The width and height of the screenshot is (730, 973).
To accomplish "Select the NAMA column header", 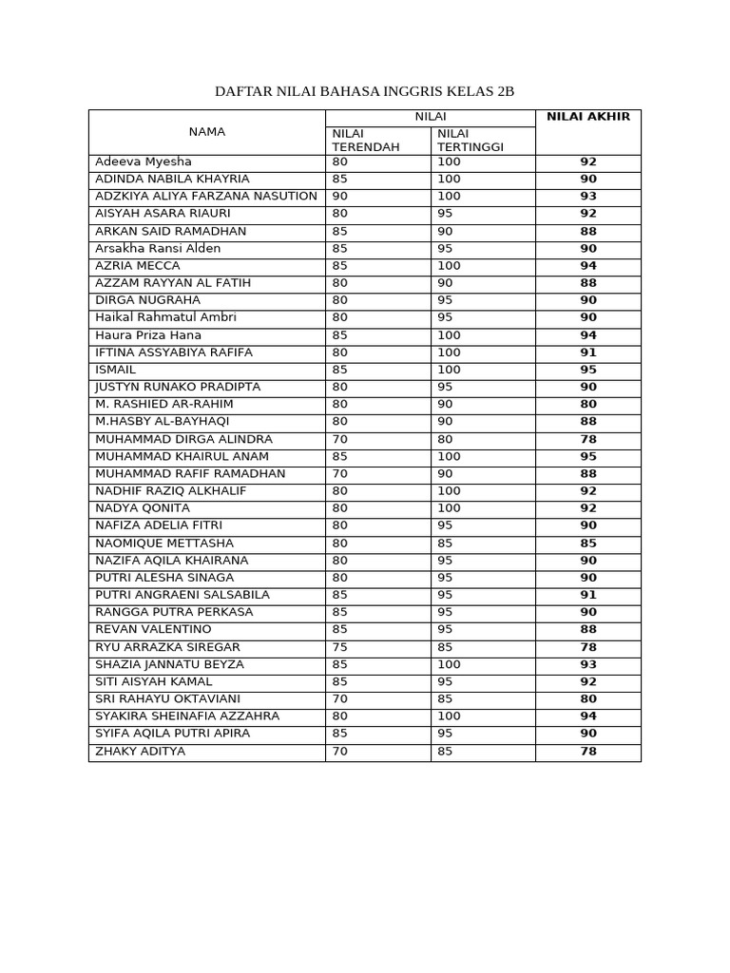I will [206, 132].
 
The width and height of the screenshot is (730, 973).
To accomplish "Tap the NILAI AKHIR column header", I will [587, 117].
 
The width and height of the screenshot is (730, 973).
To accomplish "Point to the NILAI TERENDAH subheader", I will [366, 141].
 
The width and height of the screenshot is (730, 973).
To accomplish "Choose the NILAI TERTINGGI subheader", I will [471, 141].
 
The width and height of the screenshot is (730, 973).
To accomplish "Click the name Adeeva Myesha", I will [144, 162].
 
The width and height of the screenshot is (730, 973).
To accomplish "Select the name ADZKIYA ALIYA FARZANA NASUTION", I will [206, 196].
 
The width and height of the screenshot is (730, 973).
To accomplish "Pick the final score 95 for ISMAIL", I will [588, 370].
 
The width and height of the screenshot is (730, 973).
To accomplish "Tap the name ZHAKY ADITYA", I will [141, 751].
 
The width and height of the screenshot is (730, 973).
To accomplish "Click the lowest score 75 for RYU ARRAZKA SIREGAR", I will [340, 647].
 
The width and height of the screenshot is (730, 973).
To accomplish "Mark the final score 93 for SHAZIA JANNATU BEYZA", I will [588, 664].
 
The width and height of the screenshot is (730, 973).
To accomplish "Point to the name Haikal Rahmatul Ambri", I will [165, 317].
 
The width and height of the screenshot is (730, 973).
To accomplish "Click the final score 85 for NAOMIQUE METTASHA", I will [588, 544].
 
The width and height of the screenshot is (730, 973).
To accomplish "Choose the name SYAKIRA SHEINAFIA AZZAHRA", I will [187, 716].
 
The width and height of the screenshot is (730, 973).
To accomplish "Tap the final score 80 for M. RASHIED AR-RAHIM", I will [588, 404].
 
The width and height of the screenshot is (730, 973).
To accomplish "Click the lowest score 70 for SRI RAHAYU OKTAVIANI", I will [340, 699].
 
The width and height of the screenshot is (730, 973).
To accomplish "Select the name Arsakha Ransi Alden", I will [158, 248].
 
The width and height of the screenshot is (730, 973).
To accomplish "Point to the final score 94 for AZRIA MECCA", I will [588, 266].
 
